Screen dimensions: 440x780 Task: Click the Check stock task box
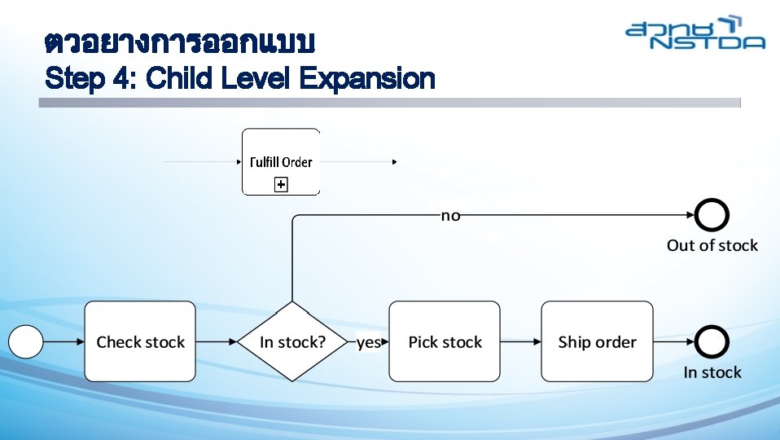point(140,341)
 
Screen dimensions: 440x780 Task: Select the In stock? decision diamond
point(291,341)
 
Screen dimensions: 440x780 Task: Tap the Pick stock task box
point(445,341)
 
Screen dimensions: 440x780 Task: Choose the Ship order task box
point(597,341)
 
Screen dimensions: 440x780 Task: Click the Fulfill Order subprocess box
point(281,161)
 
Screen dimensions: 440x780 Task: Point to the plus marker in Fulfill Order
point(281,186)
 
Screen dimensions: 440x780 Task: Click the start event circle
point(26,341)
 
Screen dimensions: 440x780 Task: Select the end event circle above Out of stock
point(712,215)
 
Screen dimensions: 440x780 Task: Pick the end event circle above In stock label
point(712,341)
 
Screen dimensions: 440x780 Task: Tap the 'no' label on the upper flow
point(450,215)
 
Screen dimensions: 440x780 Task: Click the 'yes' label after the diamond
point(368,342)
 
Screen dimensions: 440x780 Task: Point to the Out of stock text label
point(712,245)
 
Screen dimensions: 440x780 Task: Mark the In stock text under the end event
point(712,372)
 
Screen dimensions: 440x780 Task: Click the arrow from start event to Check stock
point(64,341)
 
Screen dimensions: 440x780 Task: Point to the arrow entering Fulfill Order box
point(204,162)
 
